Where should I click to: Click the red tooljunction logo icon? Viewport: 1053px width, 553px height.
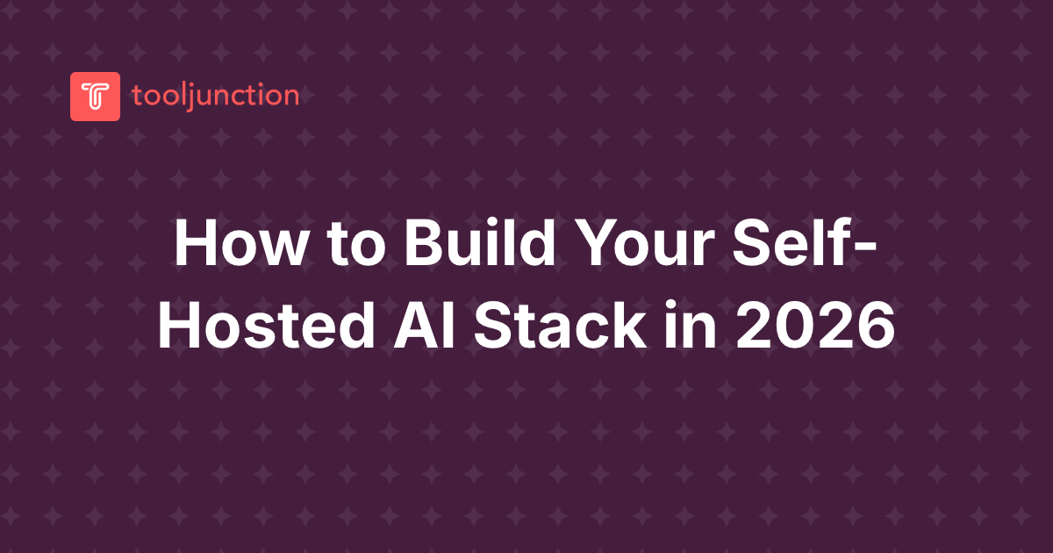pos(95,96)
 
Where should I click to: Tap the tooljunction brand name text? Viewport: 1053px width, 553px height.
pos(215,95)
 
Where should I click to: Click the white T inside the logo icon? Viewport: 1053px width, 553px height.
pos(95,96)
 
